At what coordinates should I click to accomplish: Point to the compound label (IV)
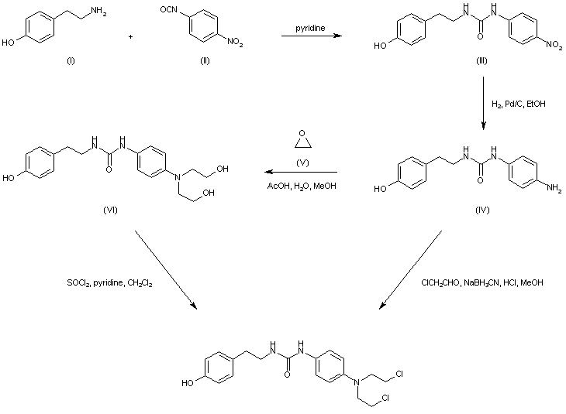click(x=481, y=210)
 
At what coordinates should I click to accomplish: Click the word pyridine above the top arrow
click(x=309, y=29)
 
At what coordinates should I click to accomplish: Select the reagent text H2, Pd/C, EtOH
click(x=519, y=104)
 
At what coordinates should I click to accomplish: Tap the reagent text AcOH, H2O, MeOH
click(x=302, y=186)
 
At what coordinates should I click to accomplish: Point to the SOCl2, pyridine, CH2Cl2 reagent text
click(x=109, y=283)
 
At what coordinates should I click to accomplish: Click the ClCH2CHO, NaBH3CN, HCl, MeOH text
click(x=481, y=283)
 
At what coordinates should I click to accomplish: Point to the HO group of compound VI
click(x=9, y=177)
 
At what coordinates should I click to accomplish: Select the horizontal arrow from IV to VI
click(x=302, y=172)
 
